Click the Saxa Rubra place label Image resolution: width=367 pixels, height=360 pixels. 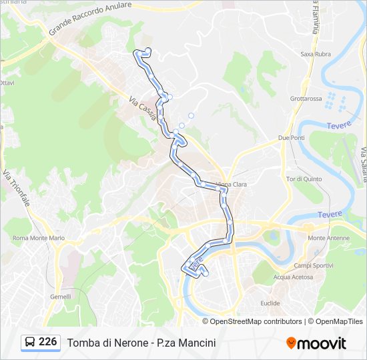click(316, 54)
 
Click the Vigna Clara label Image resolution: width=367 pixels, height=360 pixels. click(232, 184)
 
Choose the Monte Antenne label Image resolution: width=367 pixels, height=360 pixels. click(325, 237)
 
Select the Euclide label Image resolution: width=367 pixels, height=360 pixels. click(270, 303)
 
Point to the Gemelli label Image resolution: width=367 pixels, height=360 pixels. click(60, 297)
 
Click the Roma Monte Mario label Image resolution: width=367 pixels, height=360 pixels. click(39, 238)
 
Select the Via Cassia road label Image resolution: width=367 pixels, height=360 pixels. click(143, 109)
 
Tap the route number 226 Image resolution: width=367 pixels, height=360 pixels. click(48, 342)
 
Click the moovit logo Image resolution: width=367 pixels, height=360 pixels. click(316, 343)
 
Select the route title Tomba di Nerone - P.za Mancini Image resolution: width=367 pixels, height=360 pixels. click(141, 343)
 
